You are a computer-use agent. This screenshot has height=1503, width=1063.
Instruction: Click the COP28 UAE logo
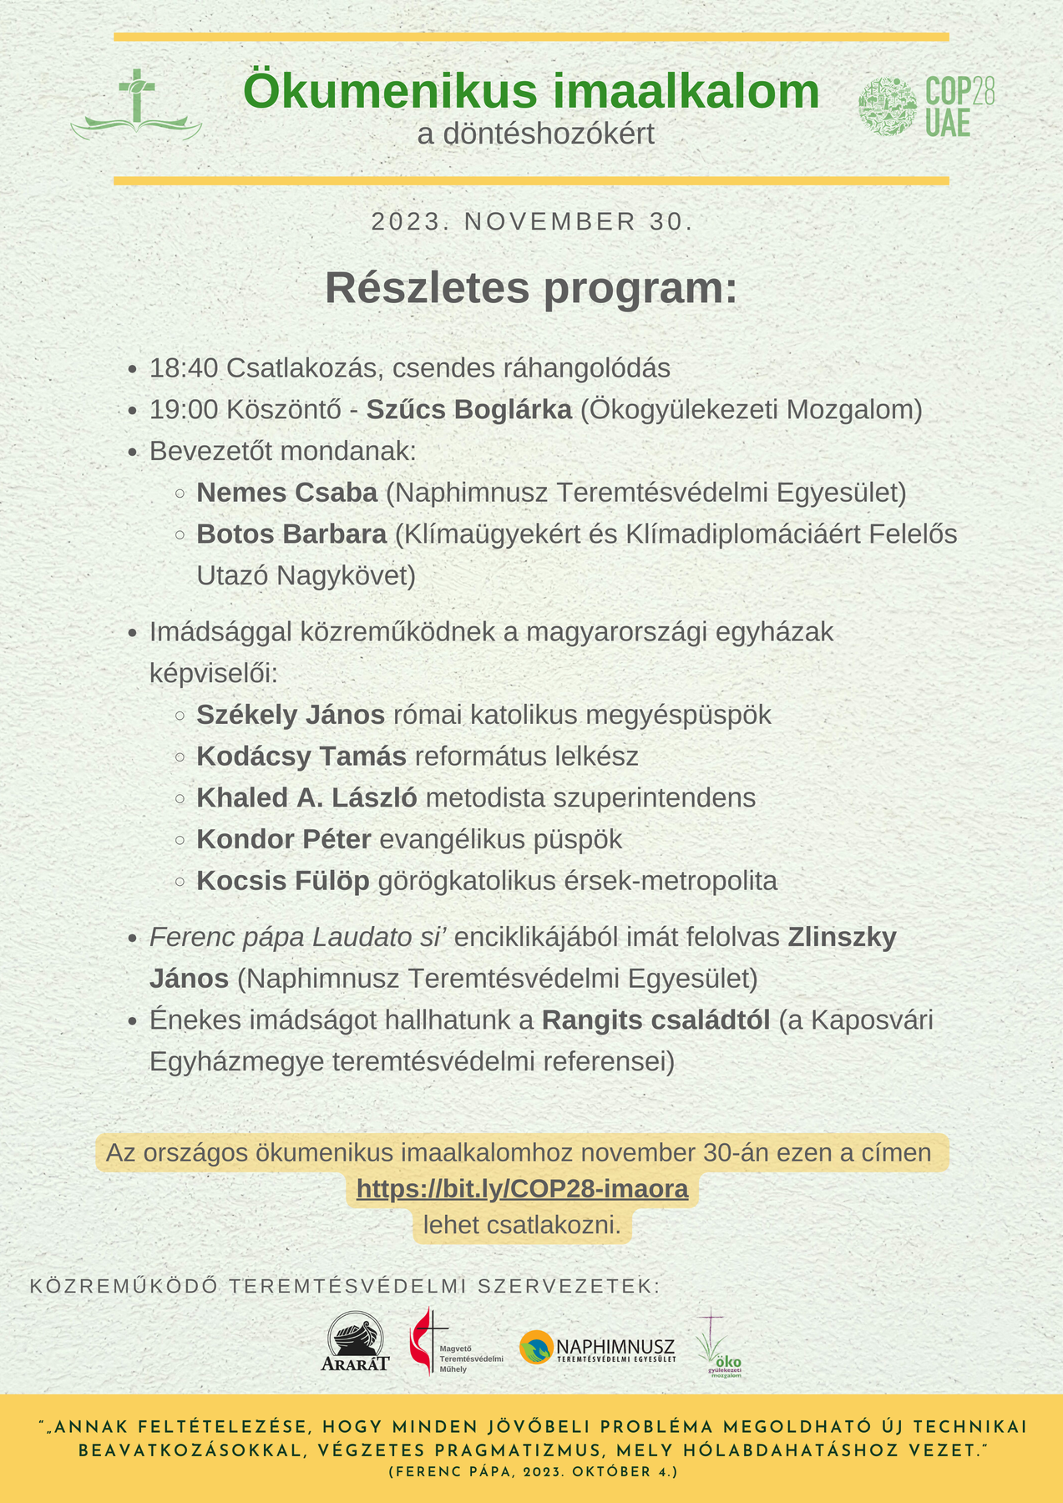point(926,106)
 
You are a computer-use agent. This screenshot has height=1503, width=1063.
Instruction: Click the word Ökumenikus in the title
point(379,91)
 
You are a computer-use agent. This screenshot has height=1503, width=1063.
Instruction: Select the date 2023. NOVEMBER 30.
point(532,222)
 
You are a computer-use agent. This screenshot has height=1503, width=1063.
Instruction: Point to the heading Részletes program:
point(531,288)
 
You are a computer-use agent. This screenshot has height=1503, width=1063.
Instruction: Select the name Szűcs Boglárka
point(469,410)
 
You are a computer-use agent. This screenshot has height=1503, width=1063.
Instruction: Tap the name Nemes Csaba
point(287,493)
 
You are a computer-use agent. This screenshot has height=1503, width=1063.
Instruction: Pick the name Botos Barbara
point(291,534)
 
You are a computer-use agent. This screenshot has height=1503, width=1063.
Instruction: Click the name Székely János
point(291,715)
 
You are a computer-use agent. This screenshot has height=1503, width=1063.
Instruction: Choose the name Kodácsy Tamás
point(301,757)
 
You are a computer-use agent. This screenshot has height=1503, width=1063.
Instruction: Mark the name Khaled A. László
point(306,798)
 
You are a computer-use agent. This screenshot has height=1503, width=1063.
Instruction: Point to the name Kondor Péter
point(284,839)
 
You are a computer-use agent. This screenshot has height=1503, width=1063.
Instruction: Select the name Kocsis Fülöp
point(283,881)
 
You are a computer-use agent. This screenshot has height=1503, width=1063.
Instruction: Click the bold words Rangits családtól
point(656,1020)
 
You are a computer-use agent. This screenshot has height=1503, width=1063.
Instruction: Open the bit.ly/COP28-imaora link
point(522,1188)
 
